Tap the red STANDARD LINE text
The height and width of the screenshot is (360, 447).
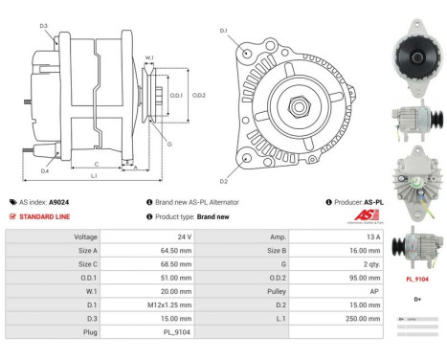[45, 217]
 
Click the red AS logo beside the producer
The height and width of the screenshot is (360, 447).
[367, 217]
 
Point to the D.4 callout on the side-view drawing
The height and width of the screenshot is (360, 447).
[45, 171]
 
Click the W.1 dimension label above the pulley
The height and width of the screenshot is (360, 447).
[149, 58]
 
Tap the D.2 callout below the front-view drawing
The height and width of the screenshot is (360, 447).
[223, 181]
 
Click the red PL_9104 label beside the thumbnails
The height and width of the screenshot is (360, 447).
[416, 280]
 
